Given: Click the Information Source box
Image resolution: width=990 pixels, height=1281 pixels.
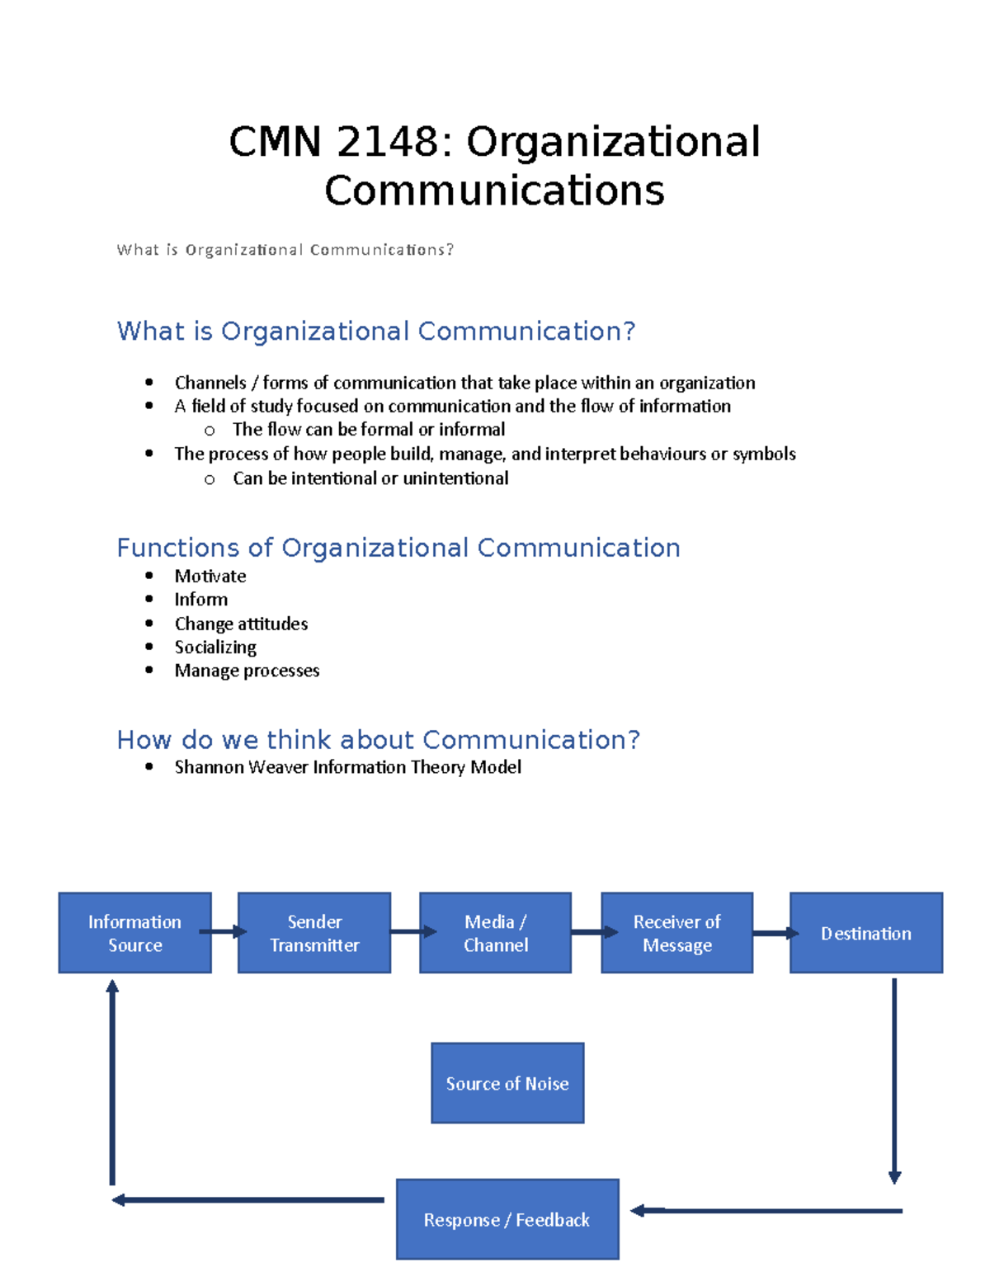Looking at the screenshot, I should click(134, 933).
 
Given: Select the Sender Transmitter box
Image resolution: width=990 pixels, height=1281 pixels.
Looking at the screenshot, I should click(314, 933).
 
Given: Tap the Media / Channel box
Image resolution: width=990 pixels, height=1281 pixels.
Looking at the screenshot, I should click(495, 933).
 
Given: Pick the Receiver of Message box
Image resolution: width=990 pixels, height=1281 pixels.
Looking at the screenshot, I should click(676, 933).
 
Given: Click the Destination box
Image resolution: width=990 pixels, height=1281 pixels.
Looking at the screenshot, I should click(866, 933).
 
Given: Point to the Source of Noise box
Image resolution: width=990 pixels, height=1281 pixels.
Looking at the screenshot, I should click(507, 1083).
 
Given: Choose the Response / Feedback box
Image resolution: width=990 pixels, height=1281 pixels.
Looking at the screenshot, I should click(507, 1219).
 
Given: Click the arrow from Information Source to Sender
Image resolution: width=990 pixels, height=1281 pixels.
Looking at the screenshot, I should click(224, 932).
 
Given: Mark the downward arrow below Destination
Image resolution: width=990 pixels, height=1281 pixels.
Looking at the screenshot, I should click(894, 1081).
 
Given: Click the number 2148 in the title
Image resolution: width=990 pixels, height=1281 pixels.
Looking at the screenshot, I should click(388, 142).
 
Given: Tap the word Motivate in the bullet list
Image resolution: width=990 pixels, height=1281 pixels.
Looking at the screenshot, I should click(210, 576).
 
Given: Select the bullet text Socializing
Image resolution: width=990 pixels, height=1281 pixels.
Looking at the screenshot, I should click(215, 648).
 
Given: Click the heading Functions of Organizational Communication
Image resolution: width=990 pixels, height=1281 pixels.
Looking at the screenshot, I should click(398, 548).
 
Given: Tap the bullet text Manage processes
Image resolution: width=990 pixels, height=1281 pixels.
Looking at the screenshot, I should click(247, 671).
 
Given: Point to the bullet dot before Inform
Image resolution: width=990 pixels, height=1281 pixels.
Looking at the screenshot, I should click(148, 600).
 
